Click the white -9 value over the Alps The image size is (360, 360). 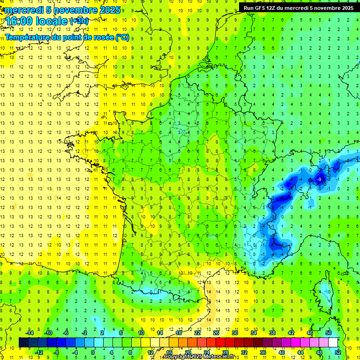319,179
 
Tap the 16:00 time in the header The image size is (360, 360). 19,21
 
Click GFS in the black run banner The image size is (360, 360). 263,8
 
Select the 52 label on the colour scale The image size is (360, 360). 338,352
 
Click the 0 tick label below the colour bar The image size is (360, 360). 93,352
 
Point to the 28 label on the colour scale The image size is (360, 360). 225,352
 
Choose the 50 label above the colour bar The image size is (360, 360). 329,332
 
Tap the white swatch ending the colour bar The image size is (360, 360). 333,342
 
